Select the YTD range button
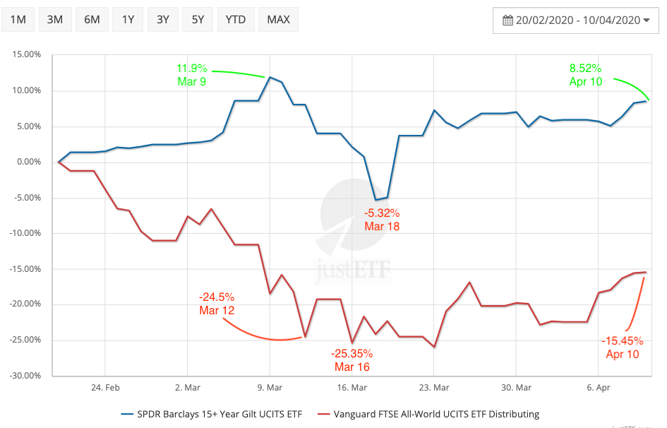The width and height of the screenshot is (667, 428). (236, 19)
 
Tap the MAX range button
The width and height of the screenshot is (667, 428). (279, 19)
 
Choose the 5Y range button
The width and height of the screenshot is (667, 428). (198, 19)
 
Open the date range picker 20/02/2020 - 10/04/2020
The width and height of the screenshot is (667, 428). (575, 20)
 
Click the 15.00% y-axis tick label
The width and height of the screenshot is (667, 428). (26, 55)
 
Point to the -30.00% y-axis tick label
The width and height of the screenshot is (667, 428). (25, 375)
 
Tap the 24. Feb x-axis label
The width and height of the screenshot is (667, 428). (104, 388)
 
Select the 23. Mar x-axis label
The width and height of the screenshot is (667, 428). (433, 388)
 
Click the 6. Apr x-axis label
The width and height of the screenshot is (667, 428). (598, 388)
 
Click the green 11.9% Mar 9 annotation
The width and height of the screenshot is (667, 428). (192, 75)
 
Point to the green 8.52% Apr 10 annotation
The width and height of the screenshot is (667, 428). (585, 75)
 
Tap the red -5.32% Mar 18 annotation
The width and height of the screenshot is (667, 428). (382, 219)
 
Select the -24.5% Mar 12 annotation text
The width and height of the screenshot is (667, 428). (217, 304)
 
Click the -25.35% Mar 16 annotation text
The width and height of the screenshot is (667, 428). (351, 359)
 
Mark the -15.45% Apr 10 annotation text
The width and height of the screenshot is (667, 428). (622, 347)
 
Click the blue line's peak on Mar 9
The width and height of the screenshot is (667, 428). (270, 77)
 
